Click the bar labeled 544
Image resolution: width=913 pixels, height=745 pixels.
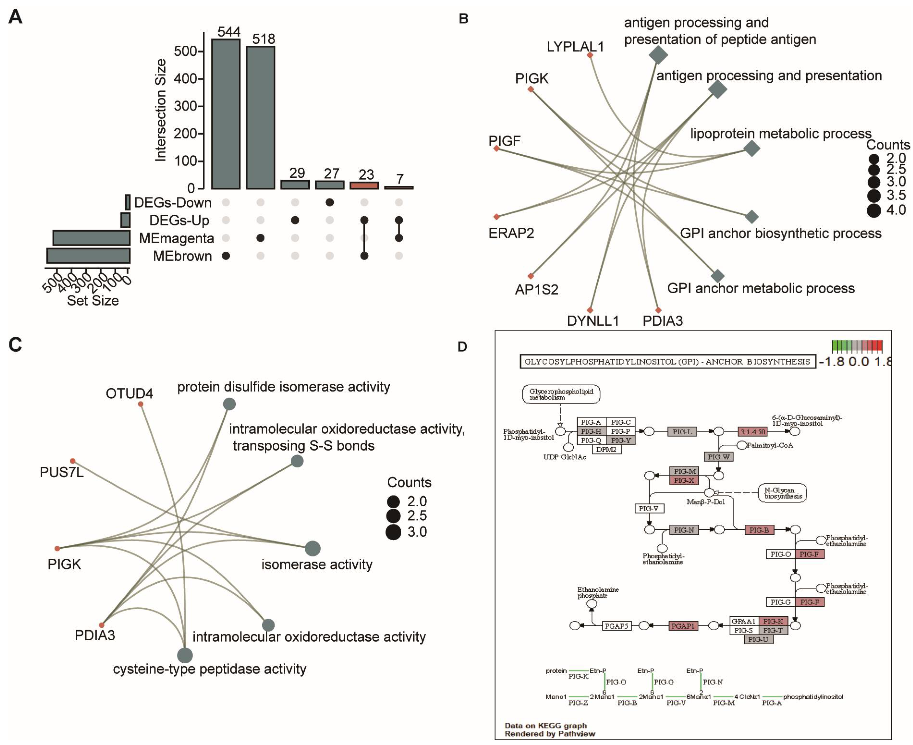click(226, 114)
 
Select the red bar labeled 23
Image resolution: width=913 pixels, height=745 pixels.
click(364, 185)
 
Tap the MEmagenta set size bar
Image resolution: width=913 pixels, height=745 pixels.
click(92, 238)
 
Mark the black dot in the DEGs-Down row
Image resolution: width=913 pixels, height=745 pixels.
click(330, 202)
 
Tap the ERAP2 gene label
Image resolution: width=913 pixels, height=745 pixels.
click(511, 233)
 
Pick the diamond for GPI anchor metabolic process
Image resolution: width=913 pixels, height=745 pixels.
click(717, 276)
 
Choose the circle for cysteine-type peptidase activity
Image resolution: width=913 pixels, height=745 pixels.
click(185, 655)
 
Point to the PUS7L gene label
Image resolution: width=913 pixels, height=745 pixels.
click(61, 472)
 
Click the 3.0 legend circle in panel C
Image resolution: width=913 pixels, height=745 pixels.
click(393, 532)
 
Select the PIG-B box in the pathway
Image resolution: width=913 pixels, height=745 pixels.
click(759, 530)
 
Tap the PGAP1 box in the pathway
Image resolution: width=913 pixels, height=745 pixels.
click(683, 626)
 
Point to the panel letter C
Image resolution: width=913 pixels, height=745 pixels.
click(15, 345)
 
